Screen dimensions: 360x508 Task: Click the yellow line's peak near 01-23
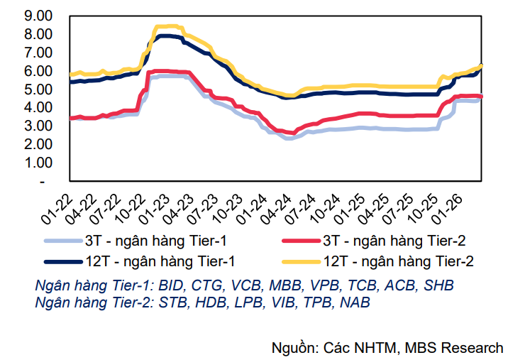click(167, 27)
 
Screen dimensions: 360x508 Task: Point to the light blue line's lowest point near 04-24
click(288, 138)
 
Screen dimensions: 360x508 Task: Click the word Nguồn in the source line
click(294, 348)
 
